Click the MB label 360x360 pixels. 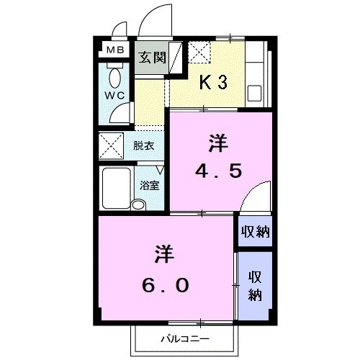[115, 50]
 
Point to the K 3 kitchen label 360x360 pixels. [213, 82]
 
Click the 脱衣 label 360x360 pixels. [144, 145]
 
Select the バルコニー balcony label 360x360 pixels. [184, 338]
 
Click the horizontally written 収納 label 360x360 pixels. [256, 231]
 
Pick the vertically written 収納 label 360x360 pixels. [256, 285]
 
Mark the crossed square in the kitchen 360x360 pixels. [199, 53]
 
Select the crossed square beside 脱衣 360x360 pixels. [112, 146]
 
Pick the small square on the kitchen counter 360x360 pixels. [256, 93]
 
